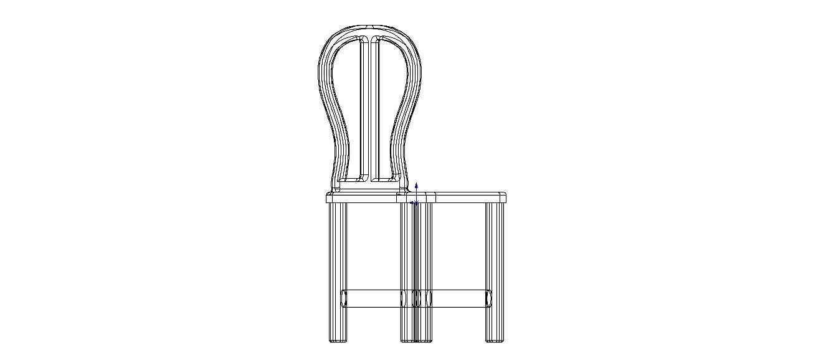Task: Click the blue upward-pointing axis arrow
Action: coord(416,186)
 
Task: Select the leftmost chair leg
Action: coord(337,268)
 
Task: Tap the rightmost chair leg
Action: coord(495,268)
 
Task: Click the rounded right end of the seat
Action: coord(503,198)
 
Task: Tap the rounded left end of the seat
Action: coord(328,198)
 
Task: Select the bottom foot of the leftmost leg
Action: coord(337,340)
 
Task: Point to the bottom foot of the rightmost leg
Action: coord(495,340)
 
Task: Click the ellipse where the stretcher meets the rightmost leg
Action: coord(489,298)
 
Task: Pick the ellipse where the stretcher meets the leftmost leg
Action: coord(344,298)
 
